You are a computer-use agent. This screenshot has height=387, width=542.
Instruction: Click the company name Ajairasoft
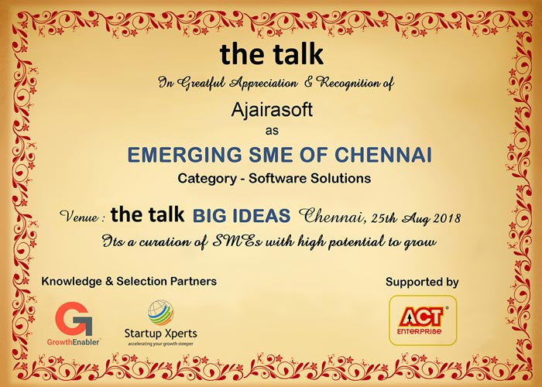(x=272, y=111)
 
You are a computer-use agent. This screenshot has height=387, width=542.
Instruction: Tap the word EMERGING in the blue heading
(x=184, y=155)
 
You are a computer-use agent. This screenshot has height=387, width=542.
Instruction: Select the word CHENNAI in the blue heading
(x=383, y=155)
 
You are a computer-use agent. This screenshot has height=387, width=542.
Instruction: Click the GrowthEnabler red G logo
(x=74, y=319)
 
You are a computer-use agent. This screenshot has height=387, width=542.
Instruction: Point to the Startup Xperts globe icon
(x=161, y=313)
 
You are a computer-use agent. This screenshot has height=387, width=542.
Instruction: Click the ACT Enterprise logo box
(x=423, y=320)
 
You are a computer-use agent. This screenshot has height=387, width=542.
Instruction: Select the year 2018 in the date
(x=447, y=218)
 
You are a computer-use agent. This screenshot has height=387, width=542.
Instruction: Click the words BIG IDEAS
(x=242, y=216)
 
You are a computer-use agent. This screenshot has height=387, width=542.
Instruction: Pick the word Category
(x=207, y=179)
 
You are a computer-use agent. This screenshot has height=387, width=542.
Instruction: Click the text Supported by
(x=422, y=283)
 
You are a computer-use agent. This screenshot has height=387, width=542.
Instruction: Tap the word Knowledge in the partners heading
(x=71, y=282)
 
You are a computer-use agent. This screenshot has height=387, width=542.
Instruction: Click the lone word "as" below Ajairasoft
(x=272, y=131)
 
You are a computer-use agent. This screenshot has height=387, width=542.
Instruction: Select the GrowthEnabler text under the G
(x=74, y=342)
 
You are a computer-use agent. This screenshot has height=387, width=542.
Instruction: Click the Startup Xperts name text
(x=161, y=334)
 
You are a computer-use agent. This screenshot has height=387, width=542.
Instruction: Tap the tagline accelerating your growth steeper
(x=161, y=344)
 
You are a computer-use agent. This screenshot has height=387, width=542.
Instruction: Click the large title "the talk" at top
(x=272, y=54)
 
